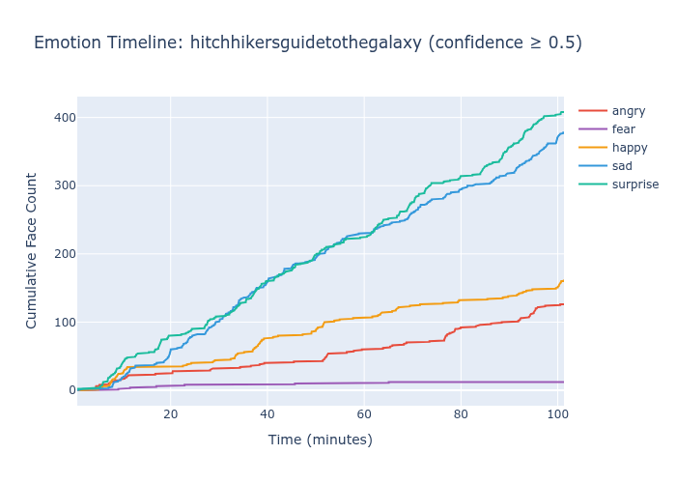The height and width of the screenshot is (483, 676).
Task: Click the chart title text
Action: point(307,43)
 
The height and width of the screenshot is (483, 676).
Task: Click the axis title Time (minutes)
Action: point(320,440)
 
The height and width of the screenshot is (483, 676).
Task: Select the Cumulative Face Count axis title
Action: point(32,250)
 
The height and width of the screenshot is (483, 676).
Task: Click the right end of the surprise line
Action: point(563,112)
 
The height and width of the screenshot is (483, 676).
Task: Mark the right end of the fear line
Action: point(563,382)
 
